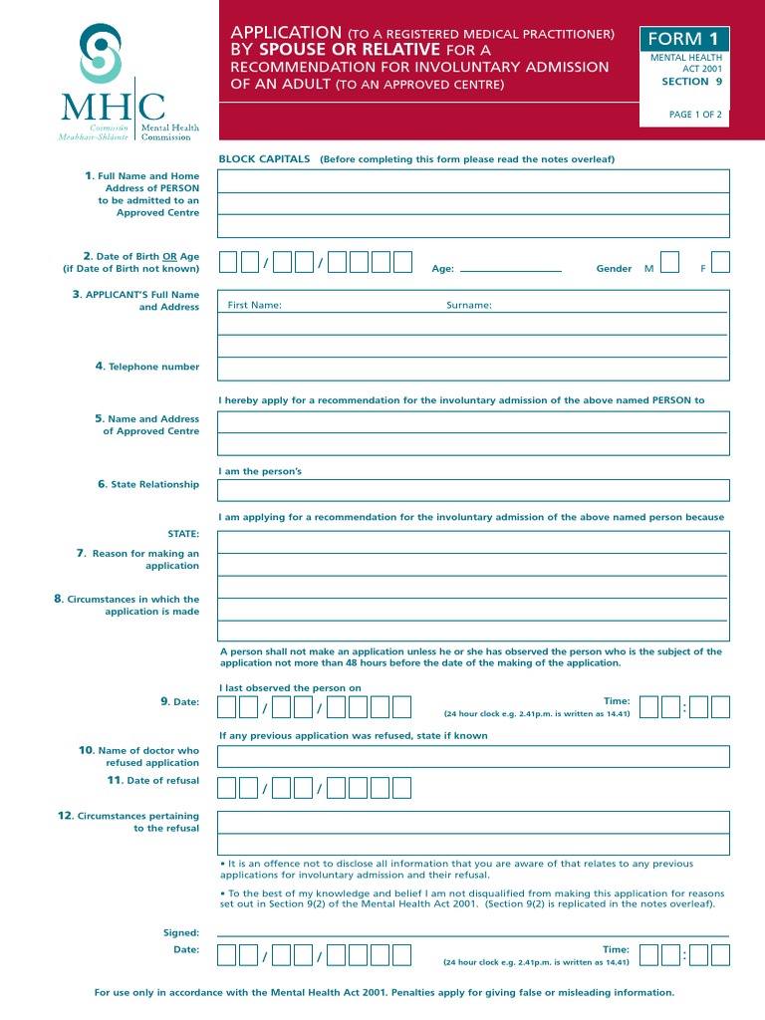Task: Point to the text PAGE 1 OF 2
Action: (x=695, y=115)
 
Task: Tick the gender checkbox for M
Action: (x=670, y=262)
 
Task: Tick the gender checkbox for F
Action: (x=720, y=262)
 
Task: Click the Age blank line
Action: (x=511, y=269)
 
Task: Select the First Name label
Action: (x=254, y=305)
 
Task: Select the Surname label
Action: (x=468, y=305)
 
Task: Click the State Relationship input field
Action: (x=473, y=490)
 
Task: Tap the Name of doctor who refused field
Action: (x=473, y=756)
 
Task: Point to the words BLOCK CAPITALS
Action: (x=265, y=159)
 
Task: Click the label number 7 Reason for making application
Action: (x=138, y=560)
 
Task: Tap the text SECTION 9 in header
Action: (x=691, y=82)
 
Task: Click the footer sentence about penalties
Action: (x=383, y=992)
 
